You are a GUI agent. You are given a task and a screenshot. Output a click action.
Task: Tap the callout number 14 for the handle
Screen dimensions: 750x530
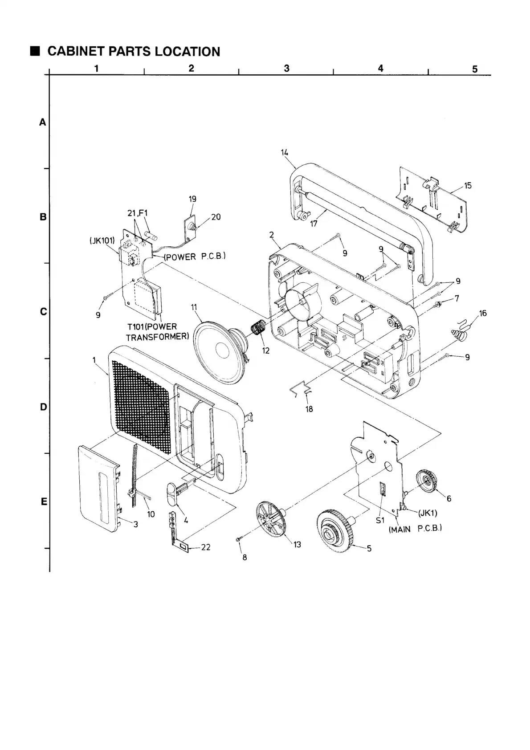click(285, 153)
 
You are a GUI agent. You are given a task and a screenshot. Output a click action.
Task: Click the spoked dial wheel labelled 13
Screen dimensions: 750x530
click(271, 522)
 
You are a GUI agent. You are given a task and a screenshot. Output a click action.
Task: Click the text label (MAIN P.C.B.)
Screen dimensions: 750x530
click(415, 529)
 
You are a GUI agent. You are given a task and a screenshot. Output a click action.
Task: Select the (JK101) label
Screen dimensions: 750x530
click(102, 241)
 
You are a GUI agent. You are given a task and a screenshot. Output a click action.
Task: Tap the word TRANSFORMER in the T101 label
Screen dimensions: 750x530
click(157, 337)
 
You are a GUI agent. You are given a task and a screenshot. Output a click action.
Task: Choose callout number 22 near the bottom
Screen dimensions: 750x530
click(205, 547)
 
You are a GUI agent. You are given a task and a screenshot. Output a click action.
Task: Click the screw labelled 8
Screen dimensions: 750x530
click(238, 540)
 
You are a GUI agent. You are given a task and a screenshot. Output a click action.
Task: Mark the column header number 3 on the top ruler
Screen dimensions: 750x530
click(286, 68)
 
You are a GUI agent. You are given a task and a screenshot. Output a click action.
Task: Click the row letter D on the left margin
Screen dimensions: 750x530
click(43, 407)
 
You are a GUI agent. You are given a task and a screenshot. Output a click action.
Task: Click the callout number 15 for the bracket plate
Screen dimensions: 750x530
click(468, 186)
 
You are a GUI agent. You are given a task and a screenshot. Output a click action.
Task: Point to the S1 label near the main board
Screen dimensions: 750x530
click(379, 519)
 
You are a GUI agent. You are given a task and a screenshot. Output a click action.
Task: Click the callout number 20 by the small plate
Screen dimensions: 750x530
click(216, 217)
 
